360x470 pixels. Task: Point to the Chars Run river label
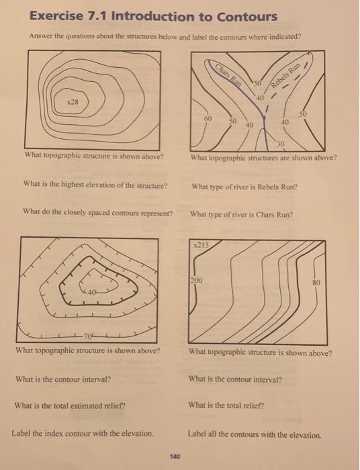click(x=229, y=75)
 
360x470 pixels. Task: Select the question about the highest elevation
click(x=95, y=185)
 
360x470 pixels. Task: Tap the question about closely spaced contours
click(x=97, y=214)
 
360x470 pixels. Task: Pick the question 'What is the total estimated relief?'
click(x=70, y=406)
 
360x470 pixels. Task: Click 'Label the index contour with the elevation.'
click(x=83, y=433)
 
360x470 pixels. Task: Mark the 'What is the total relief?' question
click(x=228, y=405)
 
